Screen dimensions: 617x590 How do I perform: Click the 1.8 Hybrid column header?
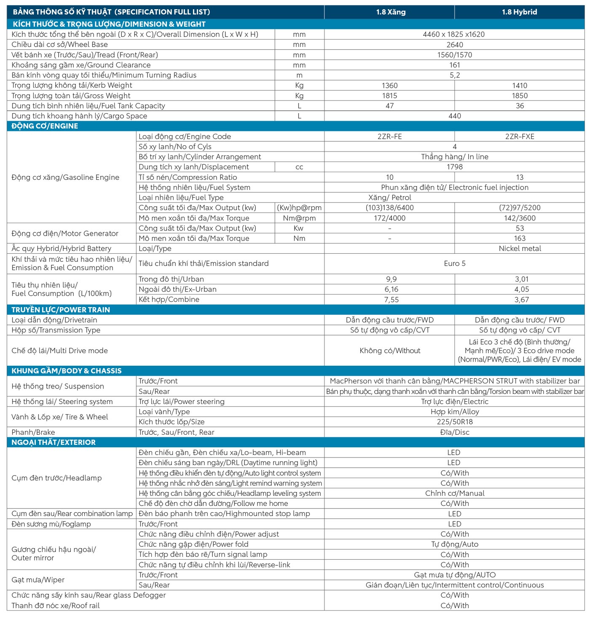pos(519,12)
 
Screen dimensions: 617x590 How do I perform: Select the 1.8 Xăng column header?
pos(391,12)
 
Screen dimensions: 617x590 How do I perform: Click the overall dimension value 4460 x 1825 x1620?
pos(454,35)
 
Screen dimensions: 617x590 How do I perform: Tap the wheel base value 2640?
pos(455,45)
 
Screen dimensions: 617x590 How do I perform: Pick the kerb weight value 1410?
pos(520,85)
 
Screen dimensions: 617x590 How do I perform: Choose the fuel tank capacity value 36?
pos(520,106)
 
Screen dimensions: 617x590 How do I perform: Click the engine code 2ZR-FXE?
pos(520,136)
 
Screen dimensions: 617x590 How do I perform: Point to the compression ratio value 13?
pos(520,178)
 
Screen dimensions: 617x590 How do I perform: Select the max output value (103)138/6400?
pos(390,208)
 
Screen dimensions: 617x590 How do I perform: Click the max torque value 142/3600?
pos(520,218)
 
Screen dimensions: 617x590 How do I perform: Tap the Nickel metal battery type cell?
pos(520,249)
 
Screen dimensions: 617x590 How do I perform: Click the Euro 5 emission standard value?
pos(455,263)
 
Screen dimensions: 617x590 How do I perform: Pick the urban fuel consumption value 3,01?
pos(521,279)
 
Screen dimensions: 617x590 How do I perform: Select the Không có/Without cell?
pos(390,351)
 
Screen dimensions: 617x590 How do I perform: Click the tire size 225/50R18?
pos(455,422)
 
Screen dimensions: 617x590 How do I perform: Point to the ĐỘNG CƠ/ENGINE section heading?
pos(45,126)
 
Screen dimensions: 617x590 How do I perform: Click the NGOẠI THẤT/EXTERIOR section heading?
pos(54,442)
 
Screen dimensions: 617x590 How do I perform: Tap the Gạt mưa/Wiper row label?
pos(38,580)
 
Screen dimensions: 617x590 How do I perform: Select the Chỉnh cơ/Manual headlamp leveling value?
pos(455,493)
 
